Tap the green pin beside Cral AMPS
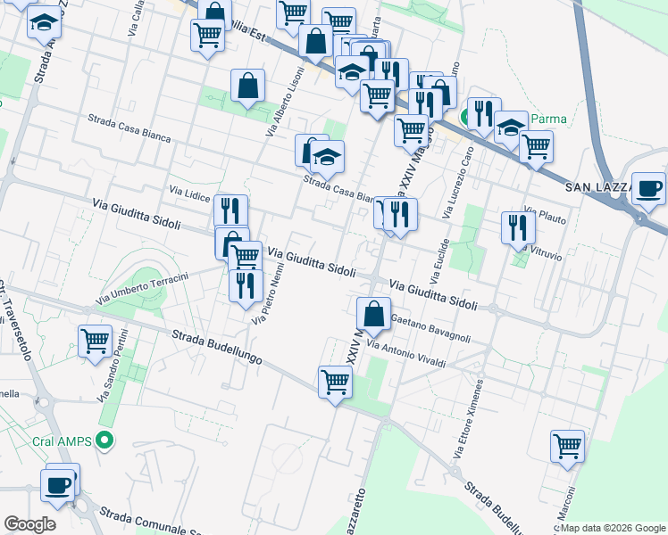[105, 440]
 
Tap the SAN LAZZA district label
[598, 187]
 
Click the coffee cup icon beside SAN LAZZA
[647, 188]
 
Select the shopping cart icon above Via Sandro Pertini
[95, 341]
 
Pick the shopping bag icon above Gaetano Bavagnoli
[373, 314]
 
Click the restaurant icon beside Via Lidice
[230, 211]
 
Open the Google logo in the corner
[29, 524]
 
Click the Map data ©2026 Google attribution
[611, 528]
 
